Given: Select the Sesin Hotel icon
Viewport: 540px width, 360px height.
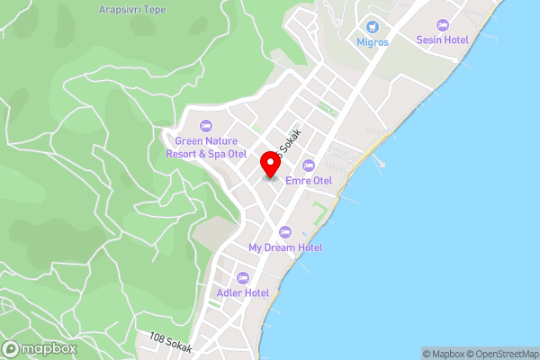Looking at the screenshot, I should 442,24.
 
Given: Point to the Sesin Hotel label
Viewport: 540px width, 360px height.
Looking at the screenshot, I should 442,40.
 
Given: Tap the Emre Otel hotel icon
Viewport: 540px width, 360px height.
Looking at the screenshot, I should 309,166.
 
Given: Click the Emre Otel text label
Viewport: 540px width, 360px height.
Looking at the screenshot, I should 309,181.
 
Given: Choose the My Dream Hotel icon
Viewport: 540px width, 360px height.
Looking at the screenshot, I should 285,232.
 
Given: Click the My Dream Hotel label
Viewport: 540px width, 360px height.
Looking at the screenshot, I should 285,247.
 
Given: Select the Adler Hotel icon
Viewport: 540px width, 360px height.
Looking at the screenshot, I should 243,277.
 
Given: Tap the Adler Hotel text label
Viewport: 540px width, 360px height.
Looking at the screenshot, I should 243,292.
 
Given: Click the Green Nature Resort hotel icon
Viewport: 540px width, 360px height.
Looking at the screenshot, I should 205,125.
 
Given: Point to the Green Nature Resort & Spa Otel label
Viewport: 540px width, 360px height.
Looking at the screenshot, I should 205,147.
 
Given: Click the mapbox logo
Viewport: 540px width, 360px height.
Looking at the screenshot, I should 40,348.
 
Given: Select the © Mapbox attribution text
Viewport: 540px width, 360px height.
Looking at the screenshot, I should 444,354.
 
